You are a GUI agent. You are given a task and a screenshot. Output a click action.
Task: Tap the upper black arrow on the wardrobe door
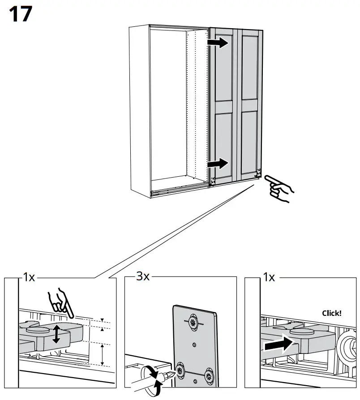point(220,43)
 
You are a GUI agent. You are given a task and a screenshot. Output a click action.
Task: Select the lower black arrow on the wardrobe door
point(220,164)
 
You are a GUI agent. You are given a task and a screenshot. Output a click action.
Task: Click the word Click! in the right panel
point(331,313)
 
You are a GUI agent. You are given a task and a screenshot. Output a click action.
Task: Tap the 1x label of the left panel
point(28,277)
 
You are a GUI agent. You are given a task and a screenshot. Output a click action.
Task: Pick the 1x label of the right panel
point(269,277)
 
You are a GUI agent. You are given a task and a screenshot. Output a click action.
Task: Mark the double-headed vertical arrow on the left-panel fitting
point(56,334)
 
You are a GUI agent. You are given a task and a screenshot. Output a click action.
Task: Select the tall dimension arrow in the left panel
point(103,354)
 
